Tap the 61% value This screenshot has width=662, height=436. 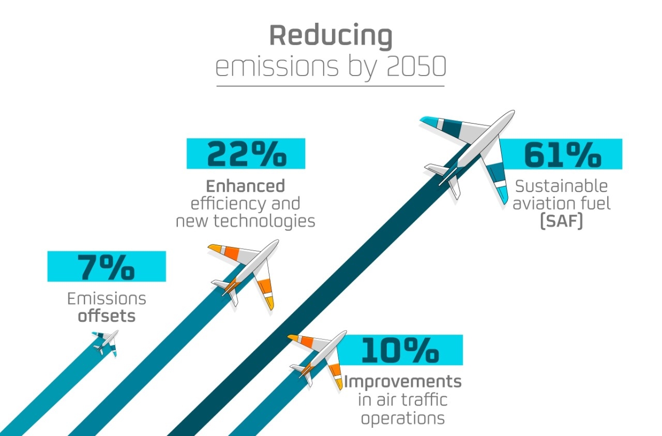pos(562,154)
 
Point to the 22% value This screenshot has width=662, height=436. pos(246,154)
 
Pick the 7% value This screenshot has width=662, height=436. pos(107,266)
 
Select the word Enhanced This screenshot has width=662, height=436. pos(245,186)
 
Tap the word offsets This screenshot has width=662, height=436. pos(107,315)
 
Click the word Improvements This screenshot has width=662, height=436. pos(403,382)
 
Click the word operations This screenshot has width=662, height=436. pos(403,417)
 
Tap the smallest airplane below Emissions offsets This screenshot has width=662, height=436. pos(106,342)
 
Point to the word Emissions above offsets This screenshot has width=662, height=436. pos(107,298)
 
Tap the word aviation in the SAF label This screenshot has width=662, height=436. pos(543,203)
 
